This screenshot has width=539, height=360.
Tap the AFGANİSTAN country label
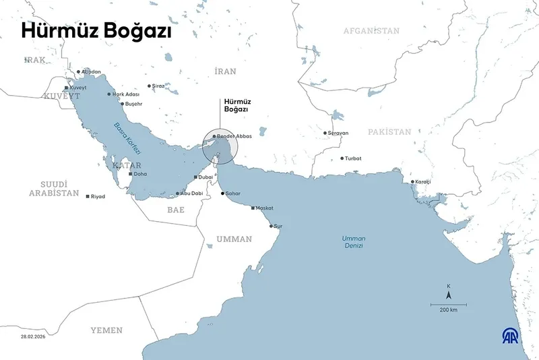pyautogui.click(x=371, y=31)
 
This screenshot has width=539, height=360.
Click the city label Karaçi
pyautogui.click(x=423, y=182)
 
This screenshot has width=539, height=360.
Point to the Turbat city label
pyautogui.click(x=352, y=158)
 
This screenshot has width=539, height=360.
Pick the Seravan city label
pyautogui.click(x=338, y=133)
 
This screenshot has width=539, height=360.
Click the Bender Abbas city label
pyautogui.click(x=234, y=136)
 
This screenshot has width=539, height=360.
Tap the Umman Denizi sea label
pyautogui.click(x=352, y=242)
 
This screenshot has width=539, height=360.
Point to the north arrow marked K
pyautogui.click(x=449, y=292)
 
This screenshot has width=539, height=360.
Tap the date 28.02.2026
pyautogui.click(x=33, y=335)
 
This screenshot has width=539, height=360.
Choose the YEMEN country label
pyautogui.click(x=107, y=330)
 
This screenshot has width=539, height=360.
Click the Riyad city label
pyautogui.click(x=98, y=196)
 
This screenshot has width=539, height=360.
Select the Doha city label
pyautogui.click(x=140, y=174)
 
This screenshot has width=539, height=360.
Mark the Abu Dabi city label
pyautogui.click(x=191, y=193)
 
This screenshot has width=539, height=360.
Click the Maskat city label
pyautogui.click(x=264, y=208)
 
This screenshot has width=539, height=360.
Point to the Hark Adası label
pyautogui.click(x=126, y=94)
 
